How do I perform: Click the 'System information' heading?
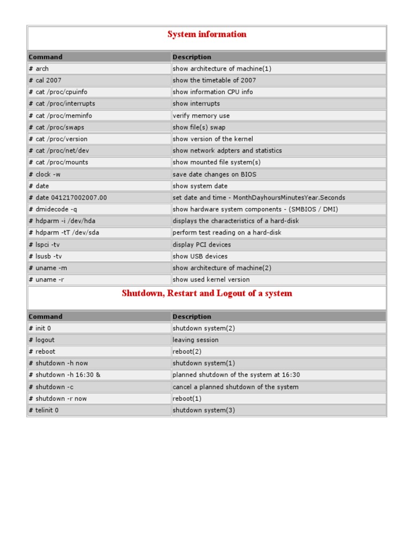pos(207,34)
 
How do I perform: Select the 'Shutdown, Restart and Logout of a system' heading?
pos(207,293)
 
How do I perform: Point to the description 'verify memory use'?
pos(201,116)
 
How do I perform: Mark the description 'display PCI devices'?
pos(202,245)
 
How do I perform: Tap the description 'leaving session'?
pos(195,340)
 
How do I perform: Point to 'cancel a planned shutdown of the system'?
pos(235,387)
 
